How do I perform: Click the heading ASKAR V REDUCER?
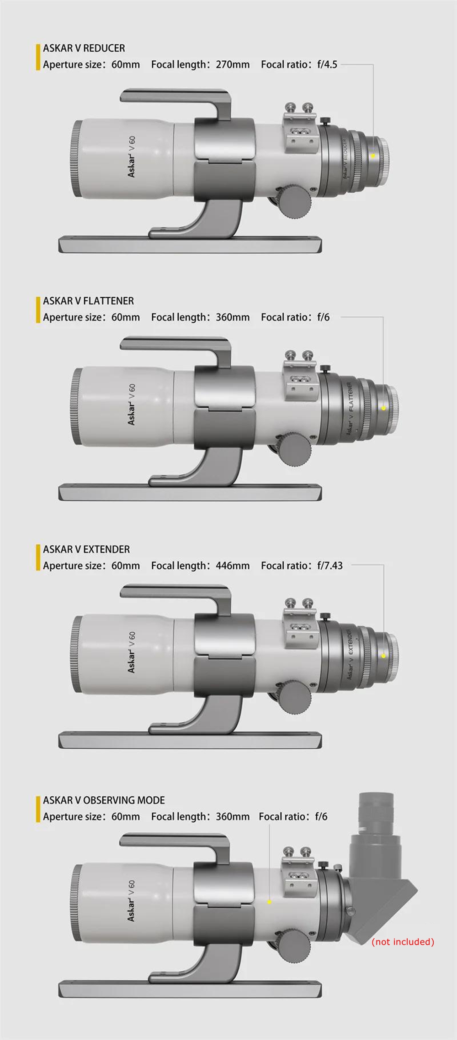84,48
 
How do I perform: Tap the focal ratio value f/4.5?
327,64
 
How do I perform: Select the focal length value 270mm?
233,64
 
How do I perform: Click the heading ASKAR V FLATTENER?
89,301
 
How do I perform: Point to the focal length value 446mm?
233,566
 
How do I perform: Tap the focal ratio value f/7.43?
330,566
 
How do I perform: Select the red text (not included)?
403,941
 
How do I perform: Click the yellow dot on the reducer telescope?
373,156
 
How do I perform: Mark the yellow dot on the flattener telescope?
383,408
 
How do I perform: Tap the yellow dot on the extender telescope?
383,656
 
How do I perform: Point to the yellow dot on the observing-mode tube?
270,902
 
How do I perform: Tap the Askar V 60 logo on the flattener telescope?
131,404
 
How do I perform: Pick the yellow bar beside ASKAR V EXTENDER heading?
38,557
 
